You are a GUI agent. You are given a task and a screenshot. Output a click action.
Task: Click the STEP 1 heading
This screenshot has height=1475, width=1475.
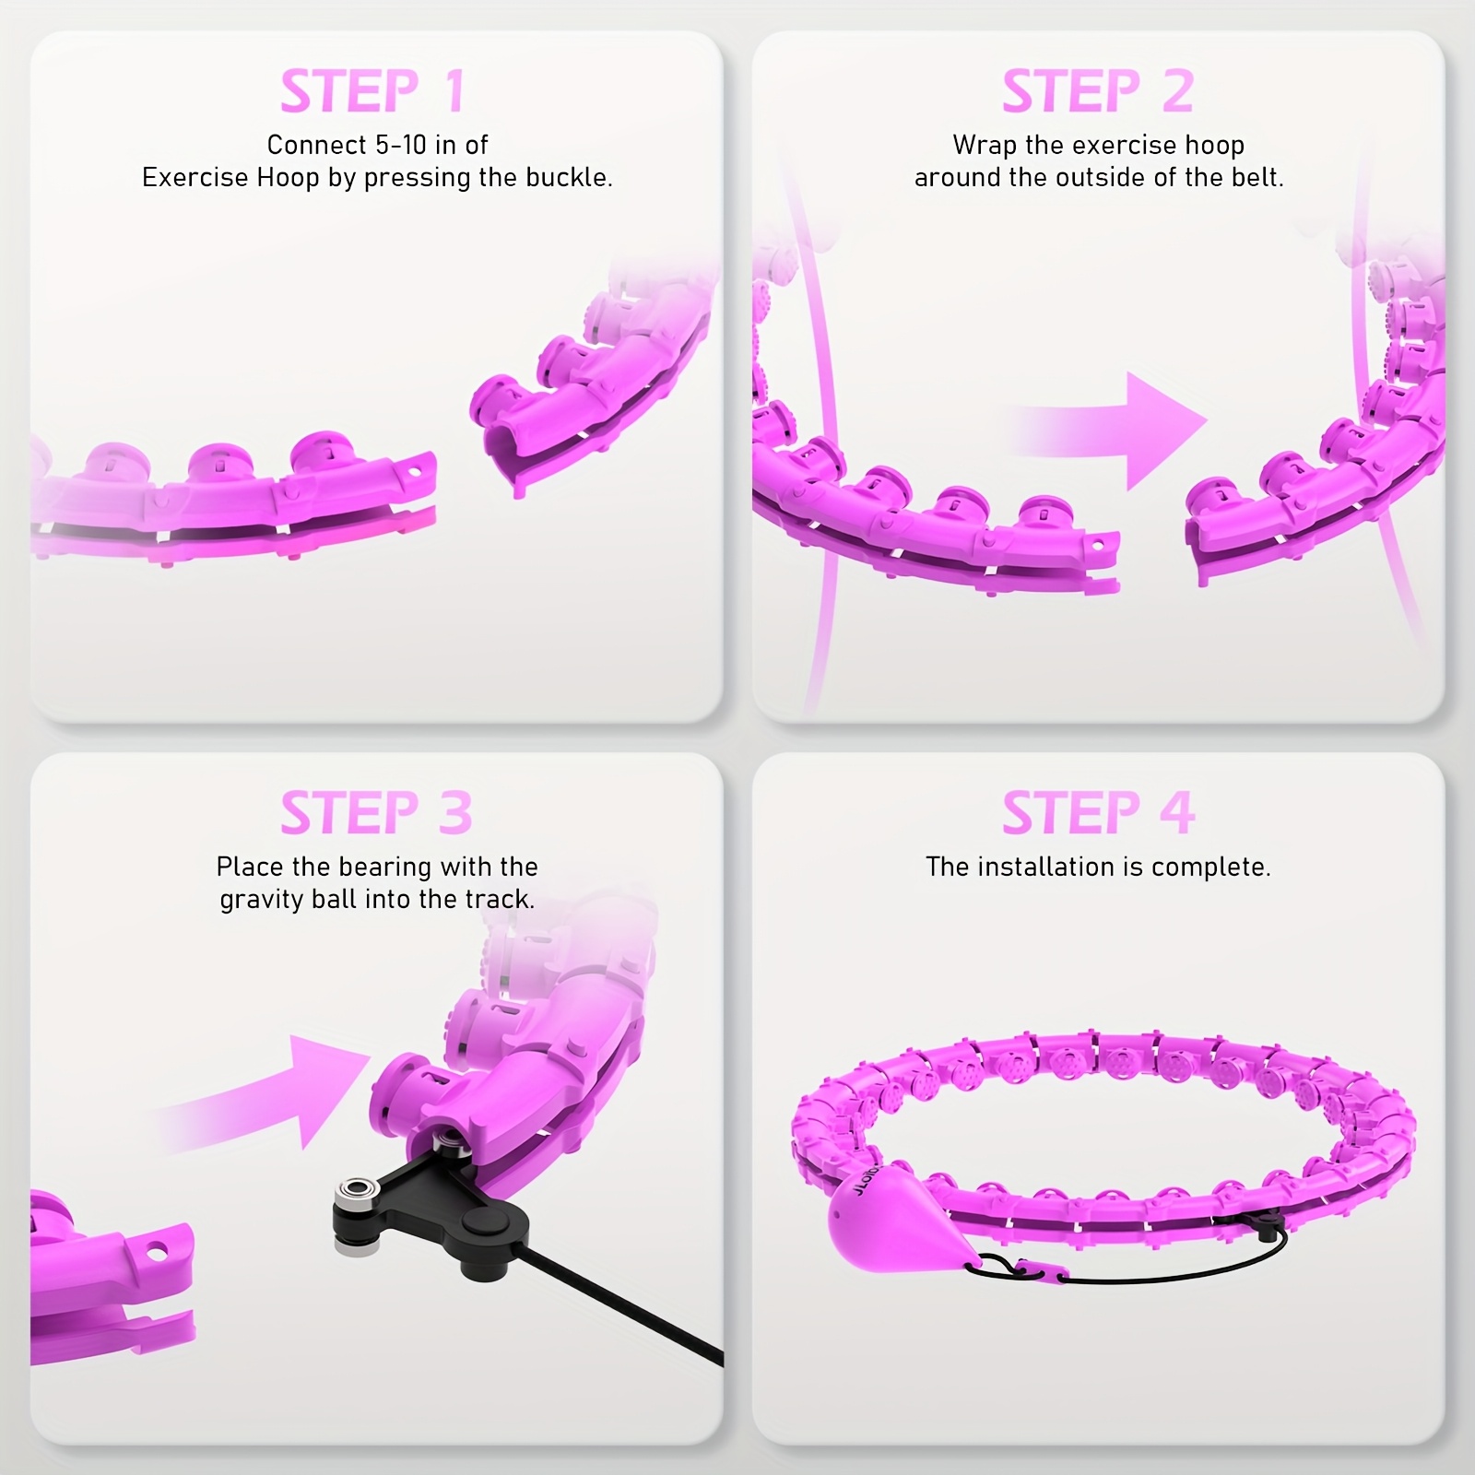pos(372,91)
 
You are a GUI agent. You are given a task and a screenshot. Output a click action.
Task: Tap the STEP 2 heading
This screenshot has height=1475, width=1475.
pos(1097,91)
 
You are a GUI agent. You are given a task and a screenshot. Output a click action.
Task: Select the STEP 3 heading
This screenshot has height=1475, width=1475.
pos(376,813)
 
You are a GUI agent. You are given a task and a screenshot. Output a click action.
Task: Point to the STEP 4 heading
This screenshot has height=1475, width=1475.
pos(1098,813)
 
